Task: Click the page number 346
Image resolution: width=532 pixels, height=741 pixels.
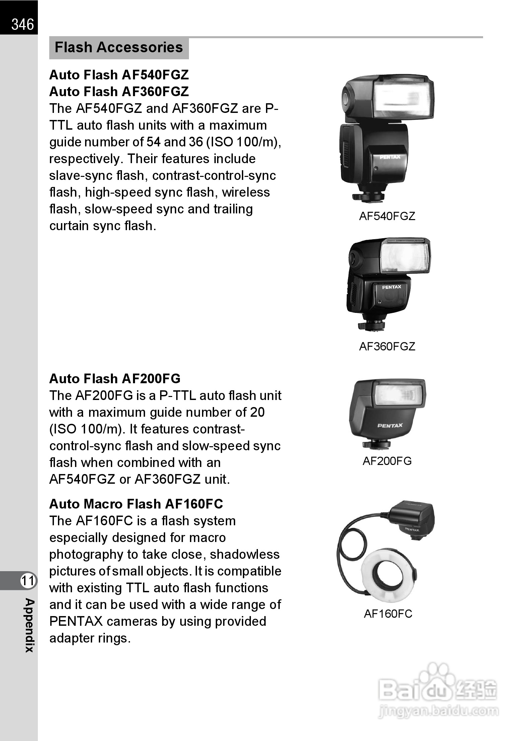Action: click(22, 24)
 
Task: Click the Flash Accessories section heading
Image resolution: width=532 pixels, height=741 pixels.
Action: click(119, 48)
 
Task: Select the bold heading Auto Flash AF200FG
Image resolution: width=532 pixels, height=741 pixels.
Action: click(115, 379)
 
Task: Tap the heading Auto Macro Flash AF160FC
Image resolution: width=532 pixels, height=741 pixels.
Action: click(136, 504)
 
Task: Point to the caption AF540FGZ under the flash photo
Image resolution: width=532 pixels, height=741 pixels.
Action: click(387, 216)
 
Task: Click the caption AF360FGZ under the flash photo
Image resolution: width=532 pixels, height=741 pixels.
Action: click(387, 346)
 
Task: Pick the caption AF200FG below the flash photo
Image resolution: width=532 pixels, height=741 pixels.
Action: click(387, 461)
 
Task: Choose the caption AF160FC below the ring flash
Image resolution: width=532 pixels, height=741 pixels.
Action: click(388, 614)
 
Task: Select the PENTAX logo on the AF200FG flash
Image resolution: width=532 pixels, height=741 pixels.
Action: click(390, 425)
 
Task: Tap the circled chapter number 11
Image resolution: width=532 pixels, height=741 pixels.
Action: click(28, 581)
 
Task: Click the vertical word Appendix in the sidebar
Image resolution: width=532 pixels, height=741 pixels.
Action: click(29, 625)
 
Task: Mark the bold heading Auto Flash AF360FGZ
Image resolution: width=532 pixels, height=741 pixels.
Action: click(119, 91)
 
